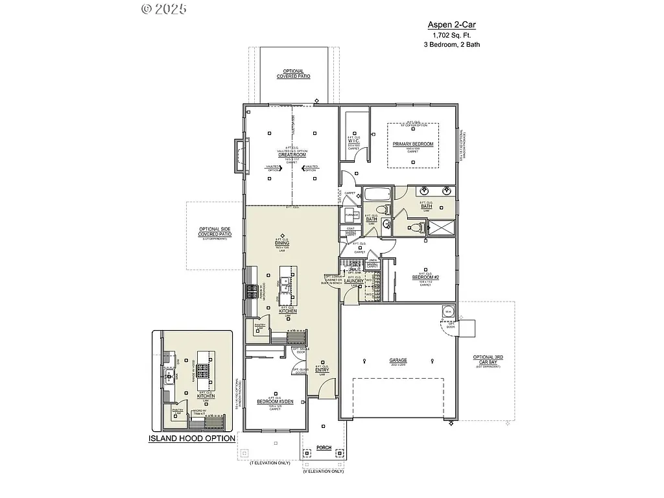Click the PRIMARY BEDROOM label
pyautogui.click(x=412, y=144)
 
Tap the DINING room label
pyautogui.click(x=281, y=243)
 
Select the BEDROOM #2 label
pyautogui.click(x=425, y=277)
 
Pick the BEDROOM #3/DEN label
pyautogui.click(x=275, y=401)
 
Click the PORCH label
pyautogui.click(x=323, y=447)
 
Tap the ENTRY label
pyautogui.click(x=322, y=370)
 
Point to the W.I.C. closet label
pyautogui.click(x=353, y=141)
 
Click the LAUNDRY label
pyautogui.click(x=353, y=281)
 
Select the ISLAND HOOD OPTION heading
pyautogui.click(x=192, y=438)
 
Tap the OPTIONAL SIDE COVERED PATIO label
pyautogui.click(x=215, y=231)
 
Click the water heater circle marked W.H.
pyautogui.click(x=448, y=312)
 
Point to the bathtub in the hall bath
pyautogui.click(x=376, y=194)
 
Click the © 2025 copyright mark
pyautogui.click(x=163, y=9)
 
